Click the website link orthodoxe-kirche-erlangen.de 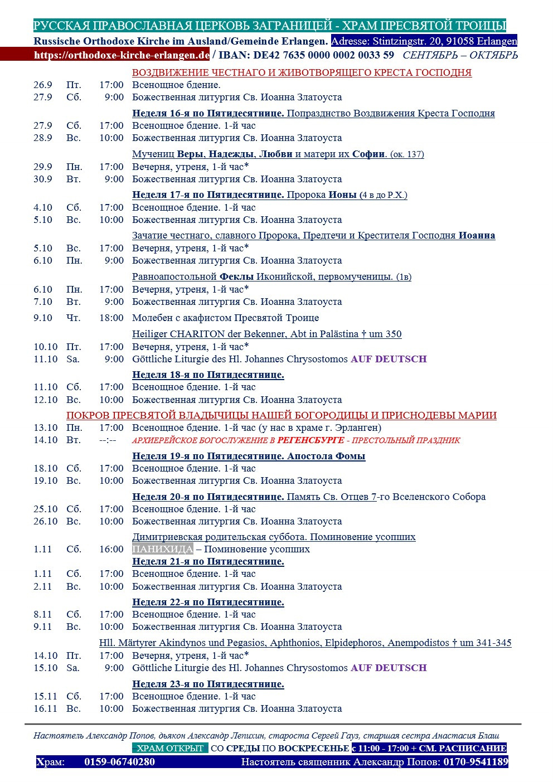pyautogui.click(x=122, y=55)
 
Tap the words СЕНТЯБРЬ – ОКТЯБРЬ pyautogui.click(x=460, y=55)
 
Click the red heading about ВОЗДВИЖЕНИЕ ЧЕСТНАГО pyautogui.click(x=302, y=72)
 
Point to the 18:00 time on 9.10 pyautogui.click(x=111, y=318)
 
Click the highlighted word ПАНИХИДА pyautogui.click(x=162, y=549)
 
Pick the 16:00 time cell pyautogui.click(x=111, y=549)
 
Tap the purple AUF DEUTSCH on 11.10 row pyautogui.click(x=389, y=359)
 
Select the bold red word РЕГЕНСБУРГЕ pyautogui.click(x=311, y=440)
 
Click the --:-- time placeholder pyautogui.click(x=108, y=440)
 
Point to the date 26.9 pyautogui.click(x=43, y=85)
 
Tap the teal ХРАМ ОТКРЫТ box pyautogui.click(x=170, y=748)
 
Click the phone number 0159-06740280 pyautogui.click(x=119, y=762)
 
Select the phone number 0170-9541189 pyautogui.click(x=476, y=762)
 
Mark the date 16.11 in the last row pyautogui.click(x=46, y=708)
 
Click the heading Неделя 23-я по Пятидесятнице pyautogui.click(x=208, y=684)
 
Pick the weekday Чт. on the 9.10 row pyautogui.click(x=73, y=318)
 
